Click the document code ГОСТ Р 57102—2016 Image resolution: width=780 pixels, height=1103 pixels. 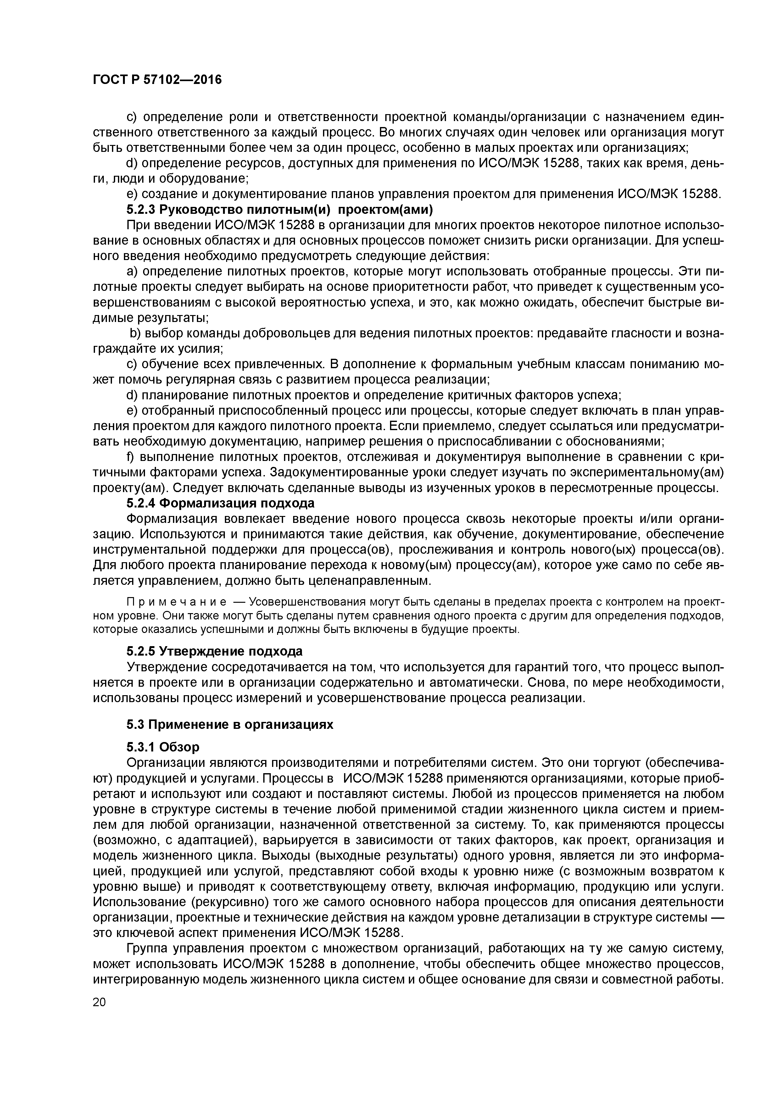pos(157,80)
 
